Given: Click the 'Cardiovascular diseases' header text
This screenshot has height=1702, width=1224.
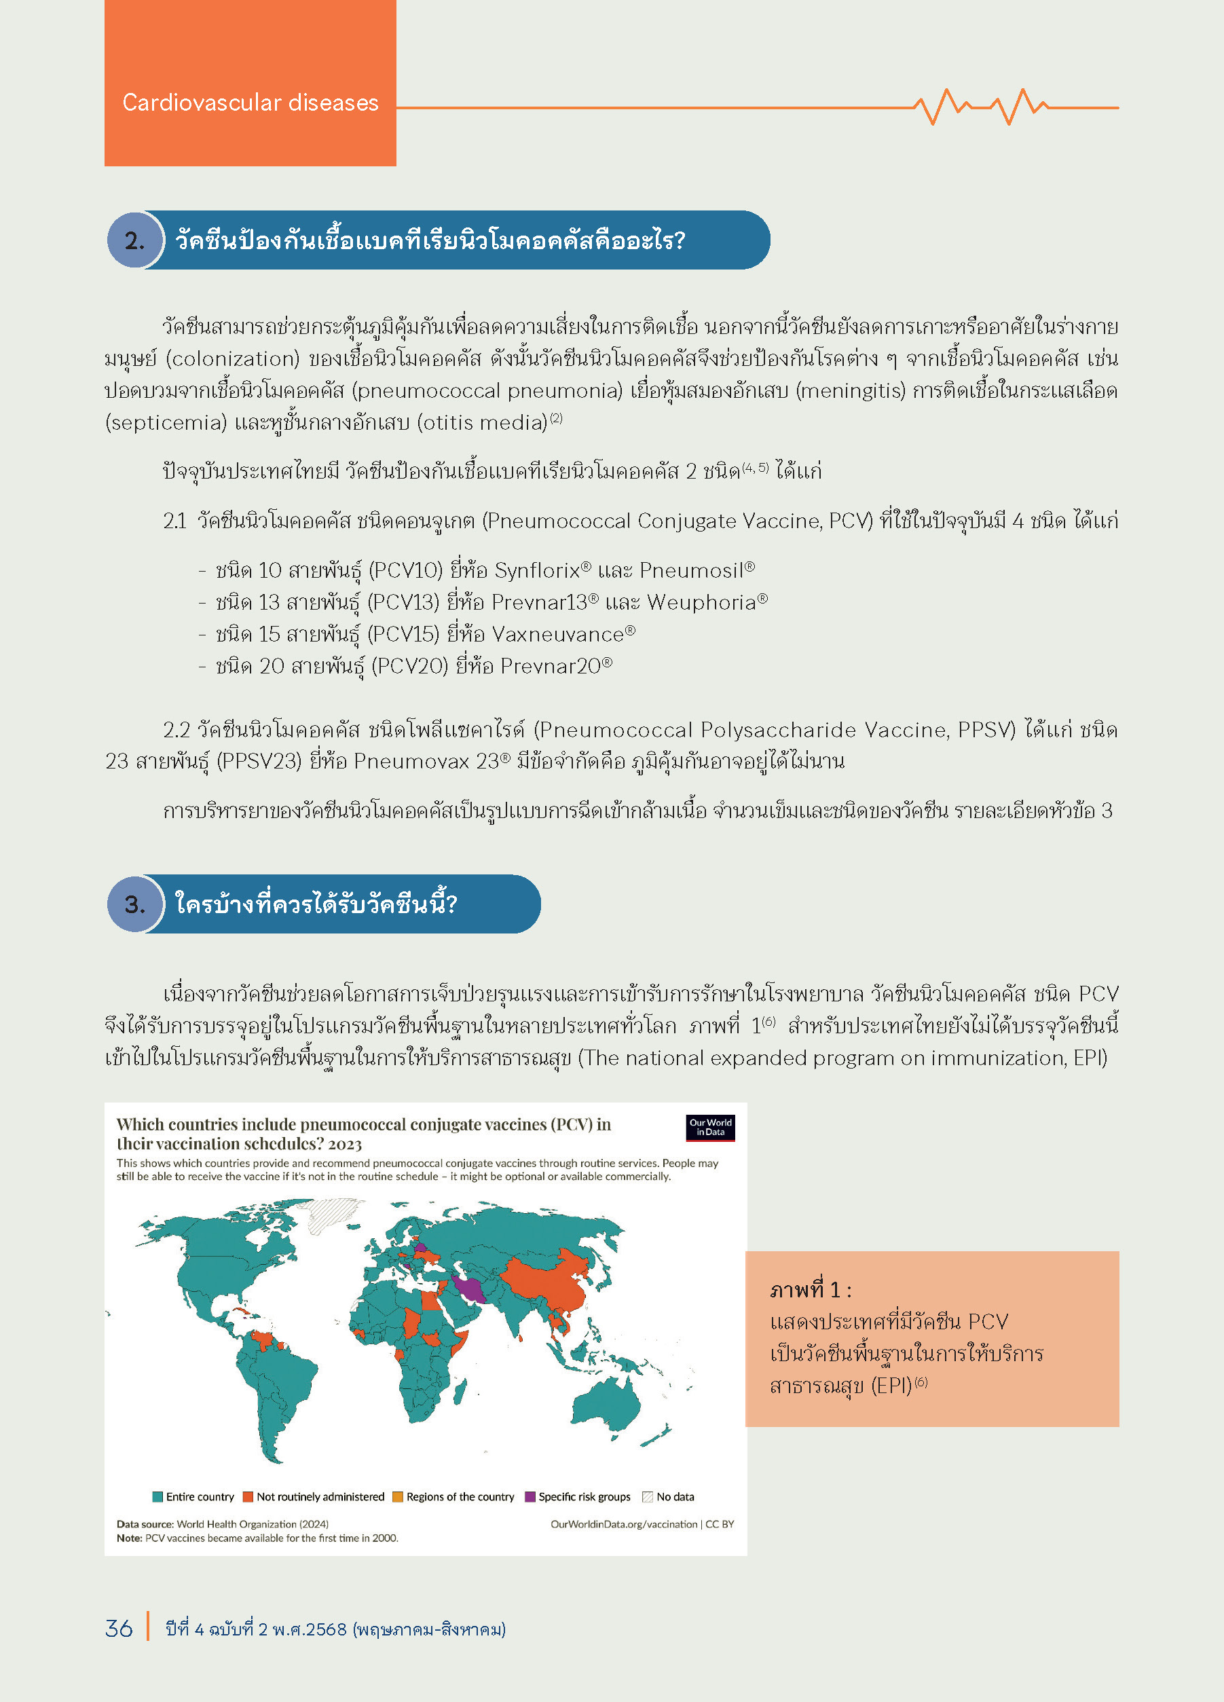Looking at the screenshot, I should click(x=250, y=103).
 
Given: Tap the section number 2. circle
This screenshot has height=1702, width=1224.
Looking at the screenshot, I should click(x=135, y=240).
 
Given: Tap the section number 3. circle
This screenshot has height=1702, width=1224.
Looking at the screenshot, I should click(x=135, y=904).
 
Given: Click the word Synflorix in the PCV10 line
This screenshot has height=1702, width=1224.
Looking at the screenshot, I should click(x=538, y=571).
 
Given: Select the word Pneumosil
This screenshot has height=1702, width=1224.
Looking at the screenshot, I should click(x=691, y=571).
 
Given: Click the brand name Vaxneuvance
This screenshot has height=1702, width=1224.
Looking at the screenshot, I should click(x=558, y=635).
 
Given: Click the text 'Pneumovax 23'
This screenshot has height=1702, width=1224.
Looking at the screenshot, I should click(x=426, y=762).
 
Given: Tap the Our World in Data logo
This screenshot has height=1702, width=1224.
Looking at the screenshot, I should click(x=710, y=1127).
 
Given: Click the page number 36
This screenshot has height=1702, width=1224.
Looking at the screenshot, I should click(x=119, y=1629).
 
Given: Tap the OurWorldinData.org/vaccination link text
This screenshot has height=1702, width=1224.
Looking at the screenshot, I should click(x=624, y=1524).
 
